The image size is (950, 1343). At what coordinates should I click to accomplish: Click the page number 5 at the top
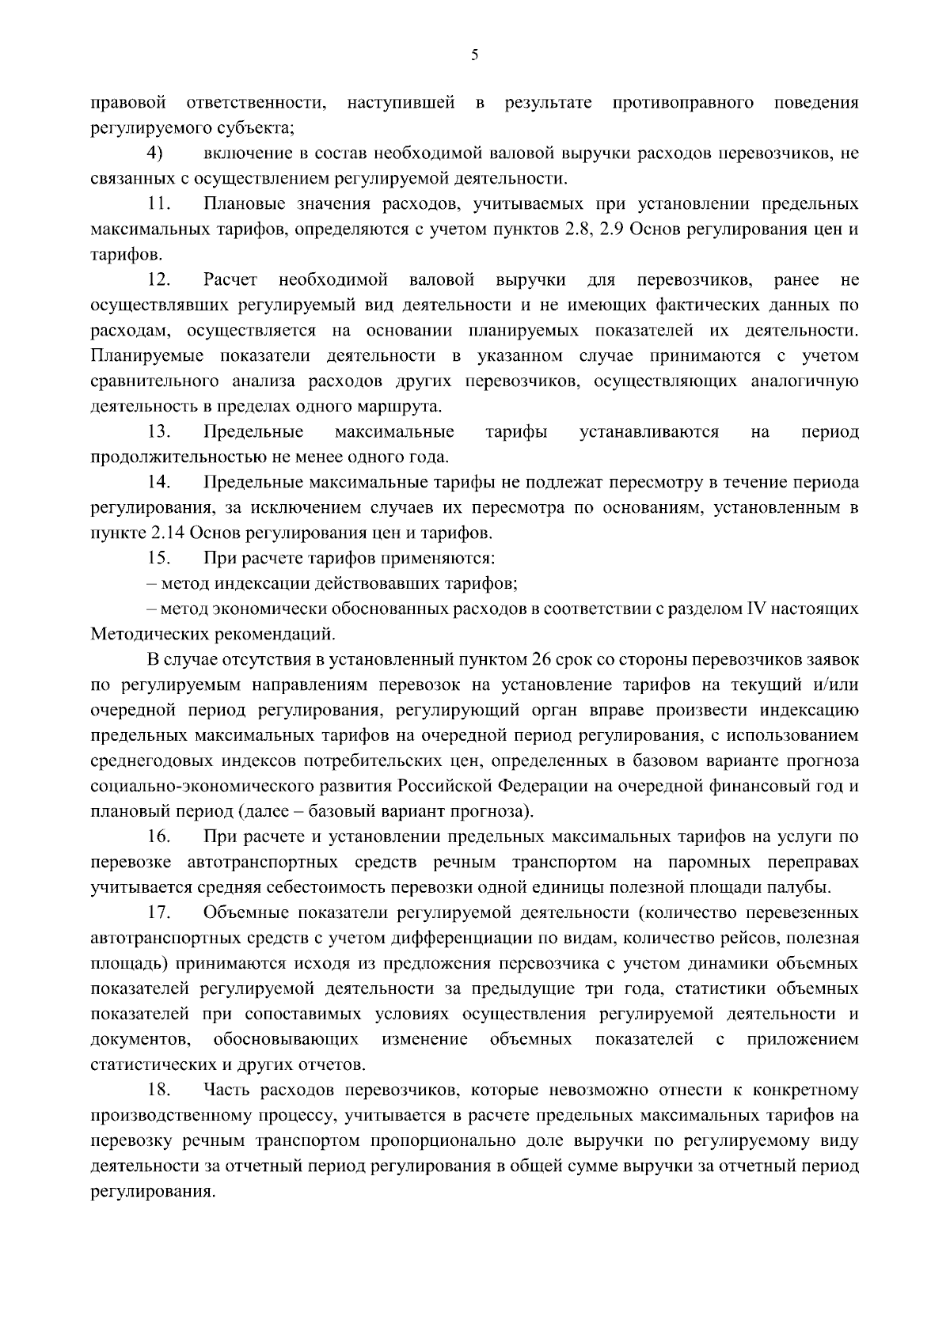pos(474,55)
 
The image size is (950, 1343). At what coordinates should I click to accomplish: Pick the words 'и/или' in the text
pos(836,685)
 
